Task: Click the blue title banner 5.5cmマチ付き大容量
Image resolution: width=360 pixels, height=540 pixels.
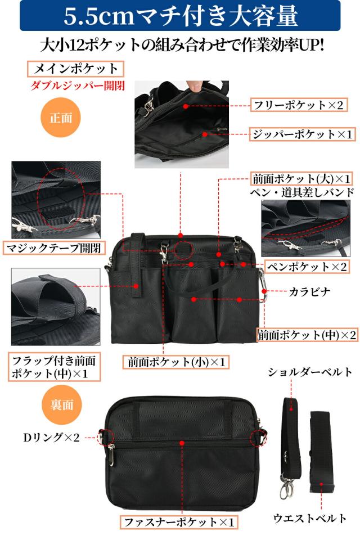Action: click(180, 16)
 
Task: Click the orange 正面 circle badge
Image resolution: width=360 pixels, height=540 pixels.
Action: click(61, 119)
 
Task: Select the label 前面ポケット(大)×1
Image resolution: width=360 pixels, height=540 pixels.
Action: click(302, 179)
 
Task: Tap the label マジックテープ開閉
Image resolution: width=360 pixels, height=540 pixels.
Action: click(55, 248)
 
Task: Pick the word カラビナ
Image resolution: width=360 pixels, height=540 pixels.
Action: click(310, 291)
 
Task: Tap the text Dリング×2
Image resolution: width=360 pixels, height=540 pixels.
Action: click(51, 436)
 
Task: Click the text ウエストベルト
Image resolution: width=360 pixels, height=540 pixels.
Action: click(310, 518)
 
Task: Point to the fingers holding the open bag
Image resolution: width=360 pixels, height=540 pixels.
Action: click(193, 85)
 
